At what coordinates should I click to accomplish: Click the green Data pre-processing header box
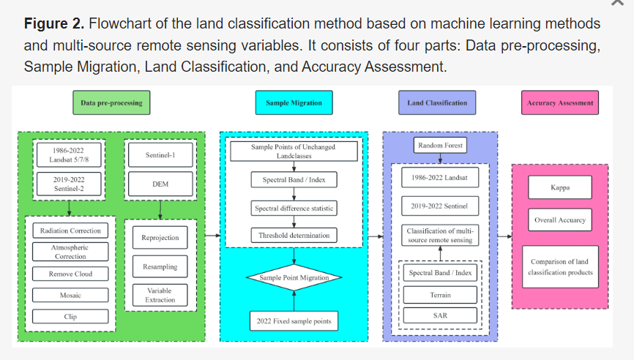[111, 103]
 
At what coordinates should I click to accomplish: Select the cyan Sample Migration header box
[294, 103]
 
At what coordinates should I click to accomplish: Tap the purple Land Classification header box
[437, 103]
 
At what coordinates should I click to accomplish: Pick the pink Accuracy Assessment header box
[561, 103]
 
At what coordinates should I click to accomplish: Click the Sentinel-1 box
[160, 155]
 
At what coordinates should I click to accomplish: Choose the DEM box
[160, 184]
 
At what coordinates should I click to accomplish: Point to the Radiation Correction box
[70, 230]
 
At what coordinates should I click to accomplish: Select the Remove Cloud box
[70, 274]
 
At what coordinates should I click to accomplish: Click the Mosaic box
[70, 295]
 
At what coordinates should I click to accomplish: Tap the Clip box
[70, 317]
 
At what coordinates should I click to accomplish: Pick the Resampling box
[160, 267]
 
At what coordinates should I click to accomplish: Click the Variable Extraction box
[160, 295]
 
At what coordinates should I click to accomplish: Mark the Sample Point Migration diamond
[294, 278]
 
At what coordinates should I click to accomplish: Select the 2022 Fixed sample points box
[294, 320]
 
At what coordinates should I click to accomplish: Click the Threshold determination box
[294, 236]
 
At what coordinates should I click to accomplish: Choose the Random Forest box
[440, 146]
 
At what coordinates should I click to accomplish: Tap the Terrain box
[440, 295]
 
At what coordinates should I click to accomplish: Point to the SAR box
[440, 316]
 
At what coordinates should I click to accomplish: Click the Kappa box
[560, 187]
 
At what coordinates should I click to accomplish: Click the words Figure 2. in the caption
[53, 23]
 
